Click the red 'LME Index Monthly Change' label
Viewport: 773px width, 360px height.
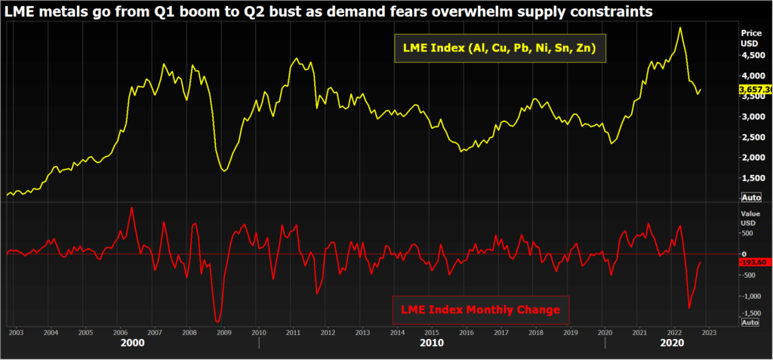(x=480, y=309)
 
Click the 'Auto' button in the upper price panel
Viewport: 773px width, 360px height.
(x=750, y=197)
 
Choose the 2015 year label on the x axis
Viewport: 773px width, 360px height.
(x=431, y=332)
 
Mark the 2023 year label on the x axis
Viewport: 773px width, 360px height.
(x=708, y=332)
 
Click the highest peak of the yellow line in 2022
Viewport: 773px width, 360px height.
(x=680, y=28)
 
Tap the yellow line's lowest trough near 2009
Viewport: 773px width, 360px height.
(x=225, y=171)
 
